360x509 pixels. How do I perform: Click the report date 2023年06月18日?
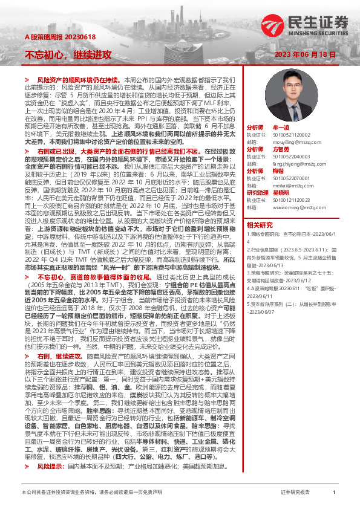[305, 54]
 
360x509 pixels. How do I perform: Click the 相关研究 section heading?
[260, 224]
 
